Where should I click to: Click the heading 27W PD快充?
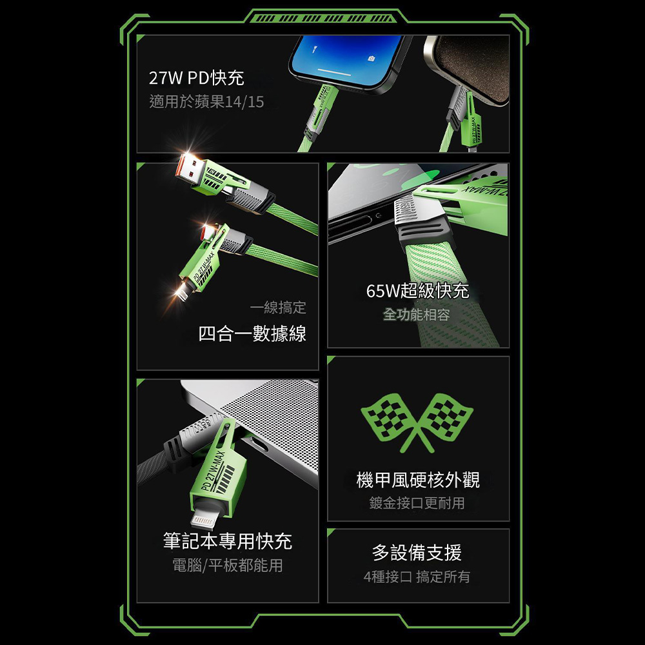pyautogui.click(x=196, y=78)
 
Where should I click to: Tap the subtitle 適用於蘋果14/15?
pyautogui.click(x=206, y=102)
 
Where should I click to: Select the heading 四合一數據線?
pyautogui.click(x=252, y=333)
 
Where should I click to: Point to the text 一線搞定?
pyautogui.click(x=278, y=307)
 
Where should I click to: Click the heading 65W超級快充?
pyautogui.click(x=417, y=291)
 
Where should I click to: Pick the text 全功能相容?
pyautogui.click(x=416, y=315)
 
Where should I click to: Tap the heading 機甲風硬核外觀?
pyautogui.click(x=418, y=480)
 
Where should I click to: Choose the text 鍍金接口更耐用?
pyautogui.click(x=417, y=502)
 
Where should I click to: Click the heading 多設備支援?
pyautogui.click(x=417, y=553)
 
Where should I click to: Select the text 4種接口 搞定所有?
pyautogui.click(x=417, y=577)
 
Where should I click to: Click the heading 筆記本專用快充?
pyautogui.click(x=228, y=541)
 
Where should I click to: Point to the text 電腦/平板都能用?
pyautogui.click(x=228, y=565)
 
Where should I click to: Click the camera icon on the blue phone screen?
pyautogui.click(x=372, y=59)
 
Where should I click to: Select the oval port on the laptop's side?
pyautogui.click(x=258, y=444)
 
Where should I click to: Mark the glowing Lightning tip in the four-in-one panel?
pyautogui.click(x=181, y=293)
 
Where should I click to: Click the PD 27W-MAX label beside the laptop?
pyautogui.click(x=213, y=471)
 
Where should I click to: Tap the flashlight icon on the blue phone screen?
pyautogui.click(x=314, y=50)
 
